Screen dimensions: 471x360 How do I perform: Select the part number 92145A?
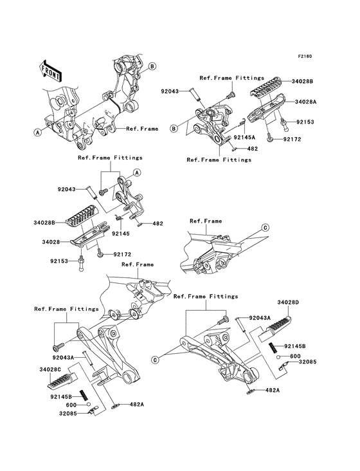[x=244, y=138]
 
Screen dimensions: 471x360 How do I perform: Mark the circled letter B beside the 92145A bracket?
[x=174, y=128]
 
